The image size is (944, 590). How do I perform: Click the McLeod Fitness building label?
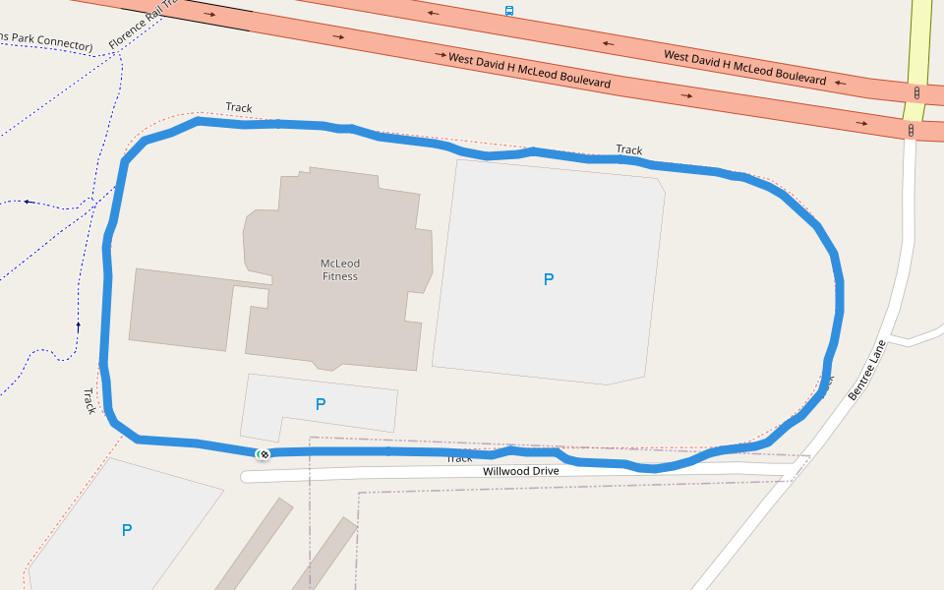click(x=340, y=269)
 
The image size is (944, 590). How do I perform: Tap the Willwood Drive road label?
click(x=520, y=471)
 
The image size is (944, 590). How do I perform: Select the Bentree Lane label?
click(x=866, y=369)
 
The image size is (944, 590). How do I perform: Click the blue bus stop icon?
click(x=508, y=11)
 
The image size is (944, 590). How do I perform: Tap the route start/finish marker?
click(x=263, y=453)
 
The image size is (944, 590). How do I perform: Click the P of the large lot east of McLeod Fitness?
click(x=549, y=279)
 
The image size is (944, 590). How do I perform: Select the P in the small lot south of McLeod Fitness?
click(x=320, y=404)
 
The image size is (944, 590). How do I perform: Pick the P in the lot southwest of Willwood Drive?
click(x=126, y=530)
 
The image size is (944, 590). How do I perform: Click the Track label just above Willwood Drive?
click(x=459, y=458)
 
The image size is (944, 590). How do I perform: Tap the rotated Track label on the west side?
click(x=88, y=400)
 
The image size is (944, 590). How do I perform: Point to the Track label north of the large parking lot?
click(x=629, y=149)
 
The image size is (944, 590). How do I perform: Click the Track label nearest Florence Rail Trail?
click(x=239, y=107)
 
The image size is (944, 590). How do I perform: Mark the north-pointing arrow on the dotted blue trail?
click(x=78, y=324)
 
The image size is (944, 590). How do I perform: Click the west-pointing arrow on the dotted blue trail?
click(x=29, y=202)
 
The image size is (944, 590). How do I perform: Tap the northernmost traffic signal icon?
click(x=916, y=92)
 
